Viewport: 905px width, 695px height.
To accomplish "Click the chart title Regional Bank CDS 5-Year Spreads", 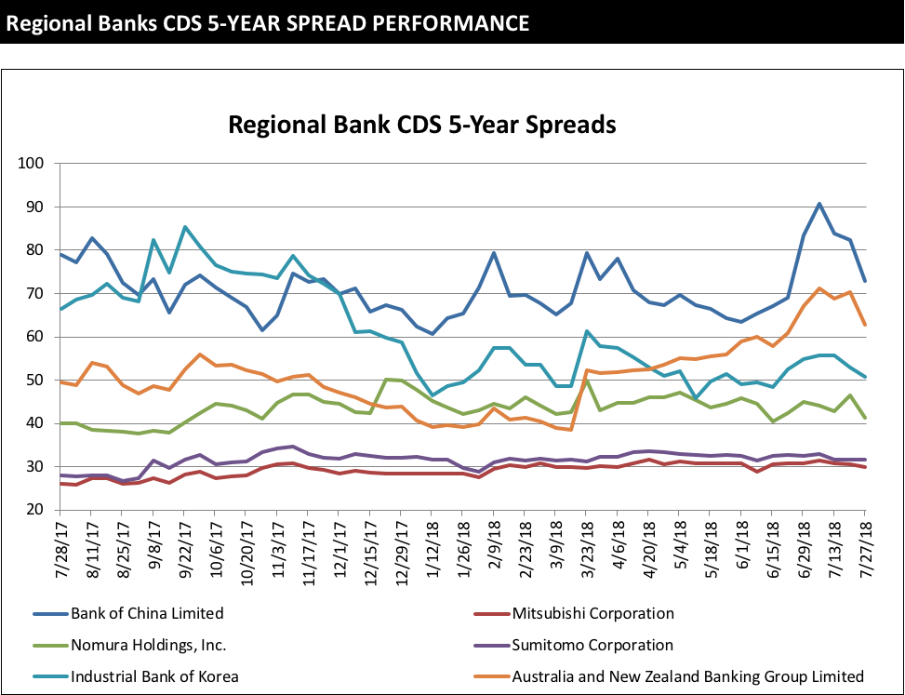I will point(422,125).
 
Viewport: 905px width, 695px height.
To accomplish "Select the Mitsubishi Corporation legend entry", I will point(592,613).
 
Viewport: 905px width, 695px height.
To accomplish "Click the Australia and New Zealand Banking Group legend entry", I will point(688,676).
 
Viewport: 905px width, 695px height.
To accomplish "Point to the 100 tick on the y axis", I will point(33,164).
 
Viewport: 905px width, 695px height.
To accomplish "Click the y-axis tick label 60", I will point(36,337).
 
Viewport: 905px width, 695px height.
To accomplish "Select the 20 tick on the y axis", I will point(36,510).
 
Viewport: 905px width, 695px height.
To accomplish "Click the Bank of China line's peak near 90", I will point(818,204).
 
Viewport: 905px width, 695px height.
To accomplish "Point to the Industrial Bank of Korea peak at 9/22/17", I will point(185,227).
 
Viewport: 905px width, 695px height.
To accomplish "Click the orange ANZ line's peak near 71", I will point(818,288).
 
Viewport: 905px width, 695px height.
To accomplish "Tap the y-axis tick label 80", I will point(36,250).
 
